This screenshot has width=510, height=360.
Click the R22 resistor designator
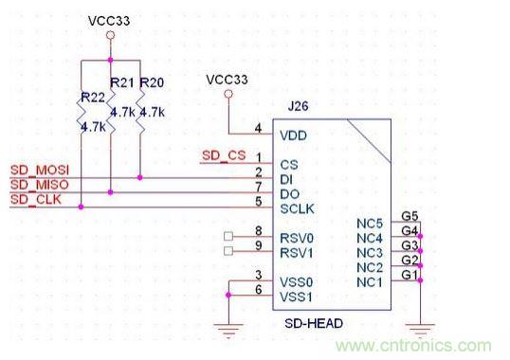pos(93,98)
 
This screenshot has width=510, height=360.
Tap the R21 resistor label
pos(122,82)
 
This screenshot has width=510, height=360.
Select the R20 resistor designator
pos(152,82)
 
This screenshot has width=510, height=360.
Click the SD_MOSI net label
pos(40,171)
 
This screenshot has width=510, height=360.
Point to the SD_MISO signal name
pos(40,185)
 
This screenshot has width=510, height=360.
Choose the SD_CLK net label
pos(36,199)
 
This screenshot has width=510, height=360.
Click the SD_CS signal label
pos(224,155)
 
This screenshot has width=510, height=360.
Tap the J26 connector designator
pos(298,106)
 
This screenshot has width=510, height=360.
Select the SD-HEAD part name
pos(314,323)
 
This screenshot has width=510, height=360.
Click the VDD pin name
pos(293,135)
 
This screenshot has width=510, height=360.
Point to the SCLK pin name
pos(298,209)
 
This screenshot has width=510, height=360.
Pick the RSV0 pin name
pos(297,238)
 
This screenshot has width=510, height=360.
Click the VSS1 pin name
pos(296,297)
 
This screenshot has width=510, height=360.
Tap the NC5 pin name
pos(370,224)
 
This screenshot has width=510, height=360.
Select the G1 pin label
pos(410,275)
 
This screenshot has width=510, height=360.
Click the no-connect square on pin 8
pos(228,236)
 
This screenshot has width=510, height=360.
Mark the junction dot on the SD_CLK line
pos(81,207)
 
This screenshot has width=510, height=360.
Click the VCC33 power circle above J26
pos(228,94)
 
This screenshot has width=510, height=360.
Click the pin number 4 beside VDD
pos(258,128)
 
